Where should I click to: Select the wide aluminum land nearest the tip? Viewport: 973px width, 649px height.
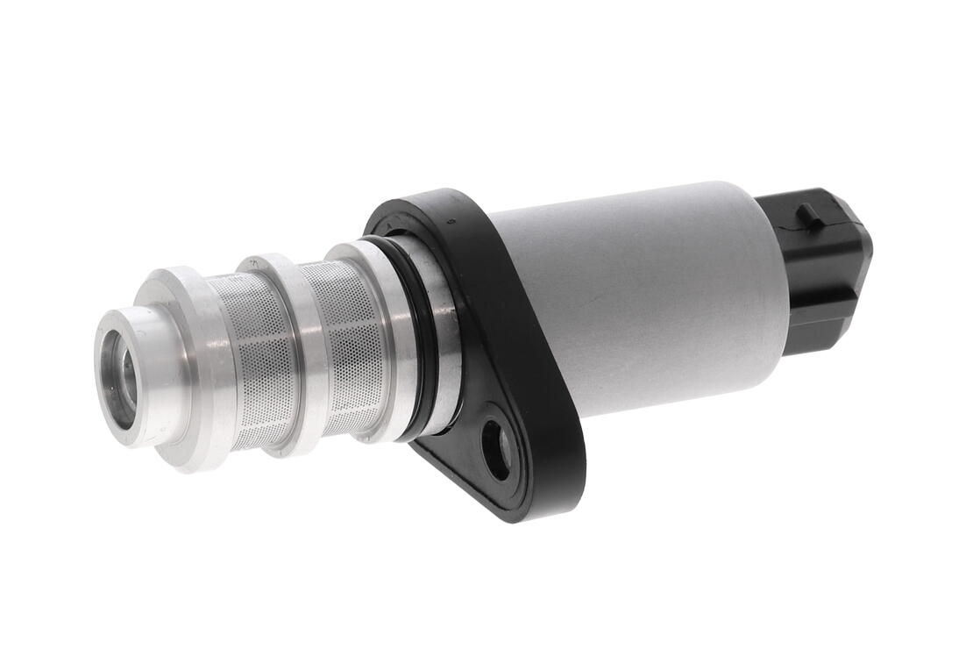click(x=188, y=368)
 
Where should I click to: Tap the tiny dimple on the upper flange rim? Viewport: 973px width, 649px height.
click(x=448, y=221)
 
